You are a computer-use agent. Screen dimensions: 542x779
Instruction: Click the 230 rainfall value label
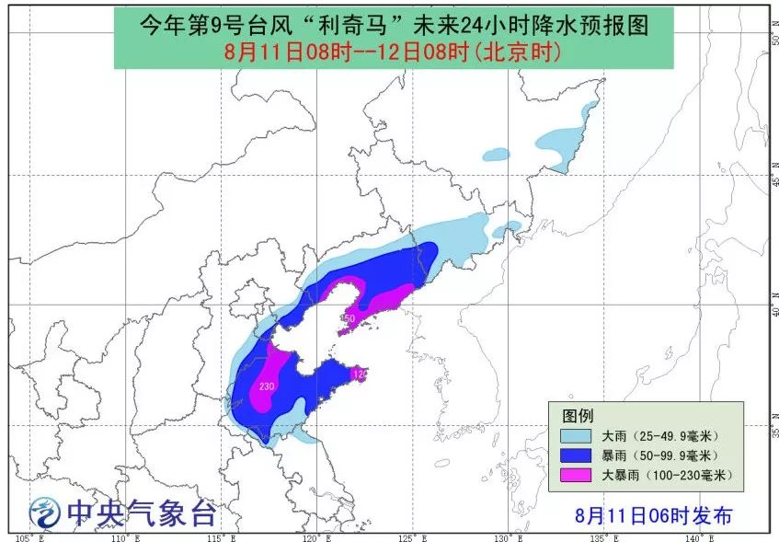pos(268,386)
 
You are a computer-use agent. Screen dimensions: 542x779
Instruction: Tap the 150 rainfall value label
pos(348,318)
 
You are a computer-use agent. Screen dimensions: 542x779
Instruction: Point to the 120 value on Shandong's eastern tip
pos(360,374)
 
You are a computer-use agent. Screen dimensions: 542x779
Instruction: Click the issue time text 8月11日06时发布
pos(654,515)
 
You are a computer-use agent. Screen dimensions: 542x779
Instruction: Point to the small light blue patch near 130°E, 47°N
pos(497,154)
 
